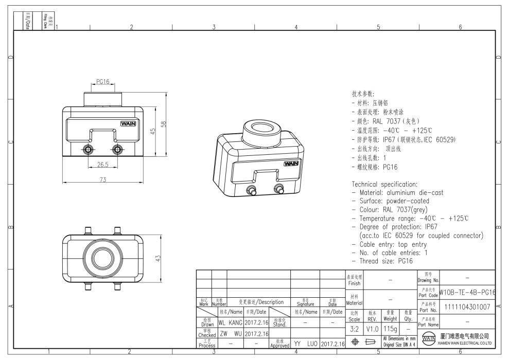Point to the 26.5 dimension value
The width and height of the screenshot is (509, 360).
click(x=103, y=165)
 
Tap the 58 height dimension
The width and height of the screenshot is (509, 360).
click(x=164, y=125)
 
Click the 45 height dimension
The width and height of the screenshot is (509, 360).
click(x=153, y=132)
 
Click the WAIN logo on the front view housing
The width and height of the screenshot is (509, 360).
click(x=128, y=123)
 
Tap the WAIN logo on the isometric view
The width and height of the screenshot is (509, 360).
click(x=291, y=164)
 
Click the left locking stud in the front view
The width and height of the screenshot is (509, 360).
click(x=88, y=149)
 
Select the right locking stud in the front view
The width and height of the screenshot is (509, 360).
click(x=118, y=149)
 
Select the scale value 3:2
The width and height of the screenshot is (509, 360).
click(x=355, y=329)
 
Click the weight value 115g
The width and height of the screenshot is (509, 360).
click(x=390, y=329)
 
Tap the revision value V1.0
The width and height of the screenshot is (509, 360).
click(x=372, y=329)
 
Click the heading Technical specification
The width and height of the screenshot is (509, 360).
click(x=384, y=184)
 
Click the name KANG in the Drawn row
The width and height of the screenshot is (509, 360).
click(x=235, y=323)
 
